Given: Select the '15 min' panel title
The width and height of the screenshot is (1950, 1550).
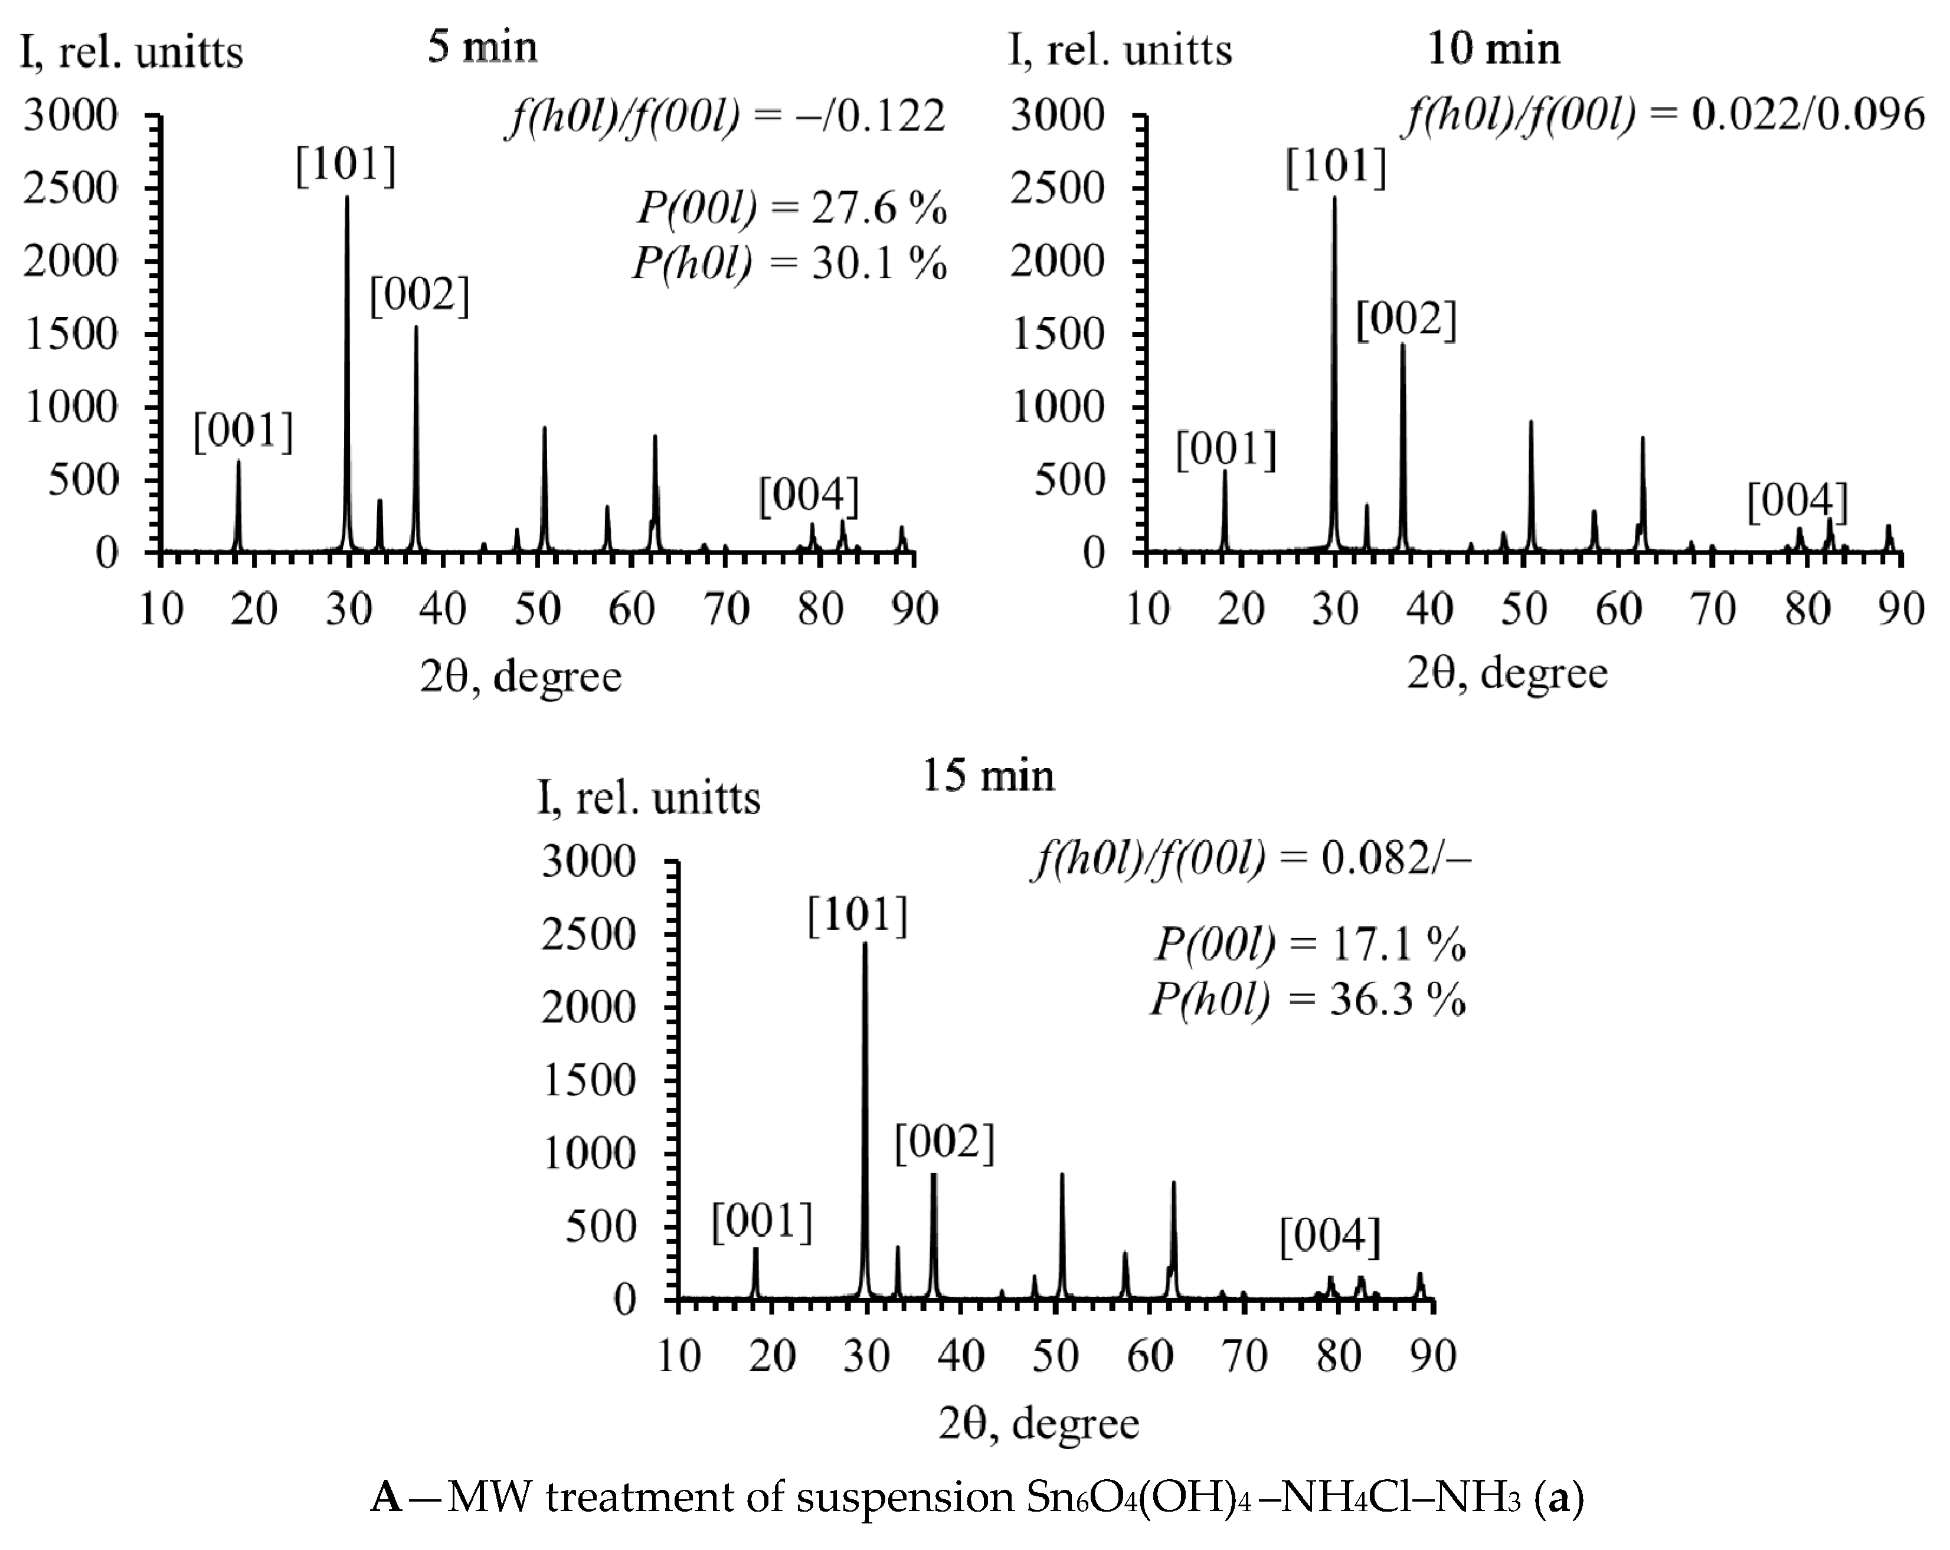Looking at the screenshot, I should click(x=987, y=776).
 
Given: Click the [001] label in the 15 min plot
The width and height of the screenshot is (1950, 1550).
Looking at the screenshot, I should click(x=761, y=1222).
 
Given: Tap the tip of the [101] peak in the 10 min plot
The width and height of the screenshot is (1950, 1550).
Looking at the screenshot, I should click(x=1334, y=198).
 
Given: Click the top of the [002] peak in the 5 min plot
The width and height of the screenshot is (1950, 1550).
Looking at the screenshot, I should click(x=416, y=327).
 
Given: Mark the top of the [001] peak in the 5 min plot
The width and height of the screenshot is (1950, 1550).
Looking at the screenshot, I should click(x=239, y=462).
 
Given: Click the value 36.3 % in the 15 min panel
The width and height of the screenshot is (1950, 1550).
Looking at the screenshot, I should click(x=1396, y=1000).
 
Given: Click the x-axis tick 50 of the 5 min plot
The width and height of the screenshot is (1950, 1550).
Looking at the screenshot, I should click(x=537, y=608).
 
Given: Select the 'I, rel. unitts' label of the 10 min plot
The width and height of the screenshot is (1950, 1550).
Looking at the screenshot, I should click(x=1120, y=50).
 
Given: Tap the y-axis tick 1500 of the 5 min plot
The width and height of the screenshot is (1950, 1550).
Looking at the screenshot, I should click(x=71, y=335).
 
